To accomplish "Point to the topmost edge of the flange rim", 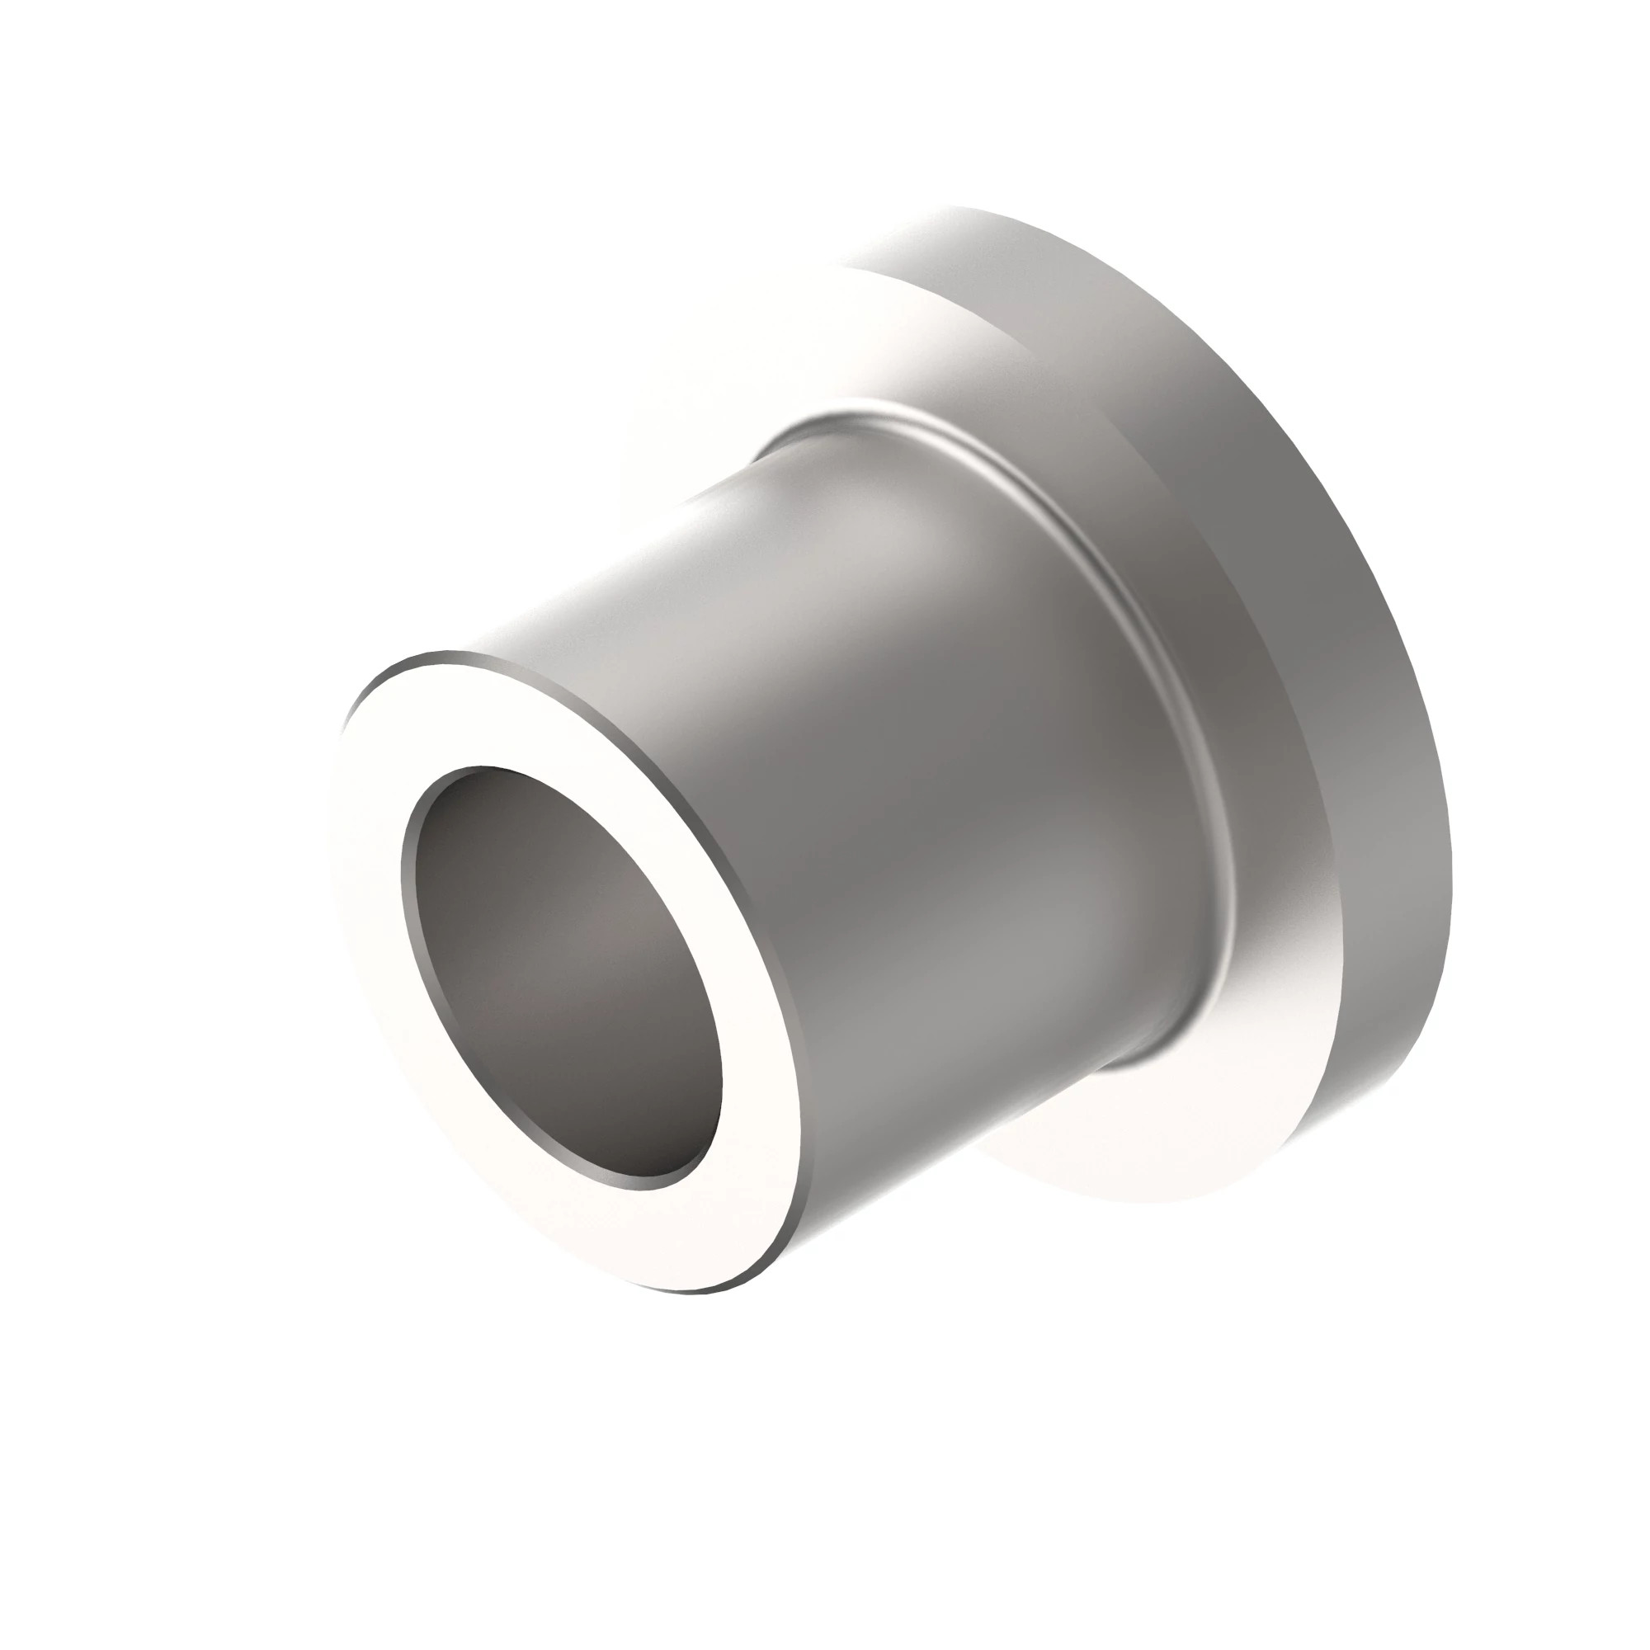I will pos(965,210).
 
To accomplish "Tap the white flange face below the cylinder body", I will pos(1110,1144).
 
